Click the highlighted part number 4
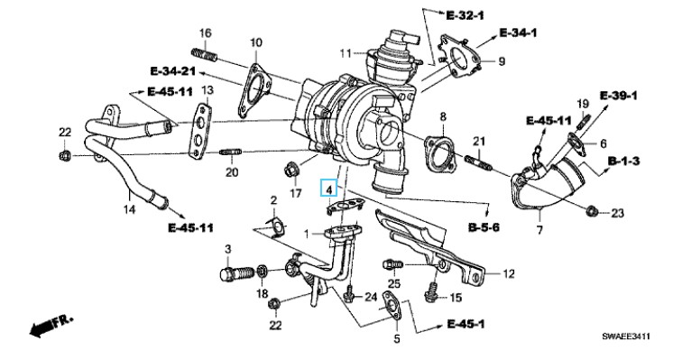tap(329, 189)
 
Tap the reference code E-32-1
tap(466, 15)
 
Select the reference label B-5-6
tap(484, 226)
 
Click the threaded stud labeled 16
tap(204, 55)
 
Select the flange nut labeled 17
tap(291, 171)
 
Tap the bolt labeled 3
tap(236, 273)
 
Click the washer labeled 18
tap(262, 271)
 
